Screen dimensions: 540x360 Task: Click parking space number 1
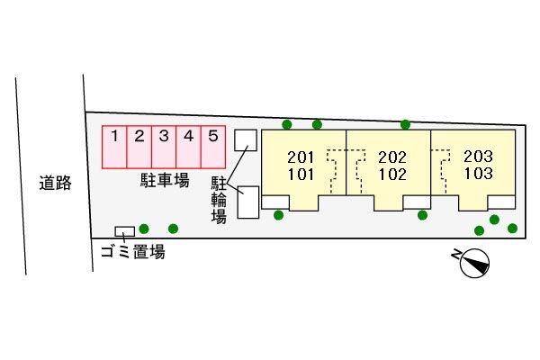coord(114,147)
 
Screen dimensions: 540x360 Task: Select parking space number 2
coord(139,147)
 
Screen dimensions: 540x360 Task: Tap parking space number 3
coord(164,147)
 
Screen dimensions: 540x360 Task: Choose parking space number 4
coord(188,147)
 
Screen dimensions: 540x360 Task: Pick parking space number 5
coord(213,147)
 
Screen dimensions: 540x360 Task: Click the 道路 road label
coord(55,183)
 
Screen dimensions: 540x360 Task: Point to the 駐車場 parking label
coord(165,180)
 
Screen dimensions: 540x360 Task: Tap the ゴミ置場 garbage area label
coord(132,252)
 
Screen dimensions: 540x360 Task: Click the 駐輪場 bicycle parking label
coord(219,200)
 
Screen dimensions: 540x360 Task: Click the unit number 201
coord(301,157)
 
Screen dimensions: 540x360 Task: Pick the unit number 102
coord(392,175)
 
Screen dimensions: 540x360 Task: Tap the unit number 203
coord(478,157)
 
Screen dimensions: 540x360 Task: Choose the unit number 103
coord(478,174)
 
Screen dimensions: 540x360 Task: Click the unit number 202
coord(392,157)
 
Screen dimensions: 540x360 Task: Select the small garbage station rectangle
coord(125,231)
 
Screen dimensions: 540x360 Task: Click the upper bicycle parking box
coord(246,140)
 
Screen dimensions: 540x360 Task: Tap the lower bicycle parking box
coord(248,202)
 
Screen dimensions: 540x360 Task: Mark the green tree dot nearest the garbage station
coord(144,229)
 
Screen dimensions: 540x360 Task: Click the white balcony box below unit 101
coord(275,202)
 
